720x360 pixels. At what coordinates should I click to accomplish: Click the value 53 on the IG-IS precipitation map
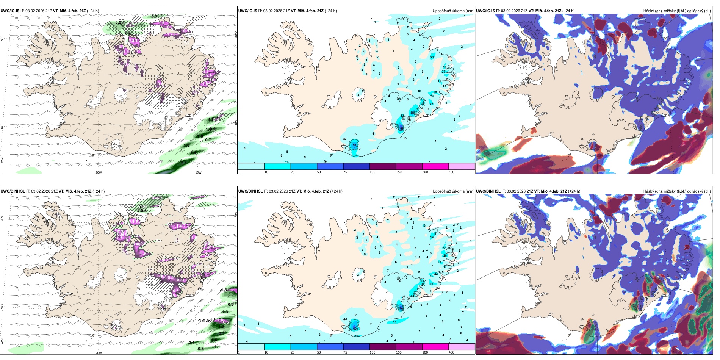pos(354,145)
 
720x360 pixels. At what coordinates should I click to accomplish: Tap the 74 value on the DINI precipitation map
pos(401,308)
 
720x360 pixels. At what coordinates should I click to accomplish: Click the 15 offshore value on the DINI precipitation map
pos(394,322)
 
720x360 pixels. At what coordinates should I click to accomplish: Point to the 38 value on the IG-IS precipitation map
pos(412,113)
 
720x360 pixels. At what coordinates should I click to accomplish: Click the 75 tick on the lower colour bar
pos(345,352)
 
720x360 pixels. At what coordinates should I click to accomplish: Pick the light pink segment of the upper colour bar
pos(462,166)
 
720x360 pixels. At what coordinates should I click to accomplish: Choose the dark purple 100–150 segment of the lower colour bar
pos(382,347)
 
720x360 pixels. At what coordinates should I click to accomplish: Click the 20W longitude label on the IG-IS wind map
pos(99,172)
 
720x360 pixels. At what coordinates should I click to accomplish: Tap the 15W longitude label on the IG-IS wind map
pos(198,172)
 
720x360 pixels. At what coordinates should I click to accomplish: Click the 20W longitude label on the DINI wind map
pos(99,353)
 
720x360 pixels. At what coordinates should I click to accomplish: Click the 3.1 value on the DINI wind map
pos(222,333)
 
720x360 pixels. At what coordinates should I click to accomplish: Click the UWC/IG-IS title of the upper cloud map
pos(485,11)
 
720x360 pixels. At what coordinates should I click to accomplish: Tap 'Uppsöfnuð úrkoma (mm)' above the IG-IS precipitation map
pos(453,11)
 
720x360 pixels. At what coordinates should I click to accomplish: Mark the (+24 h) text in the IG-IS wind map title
pos(93,11)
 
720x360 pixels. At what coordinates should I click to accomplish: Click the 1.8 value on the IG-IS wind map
pos(200,136)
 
